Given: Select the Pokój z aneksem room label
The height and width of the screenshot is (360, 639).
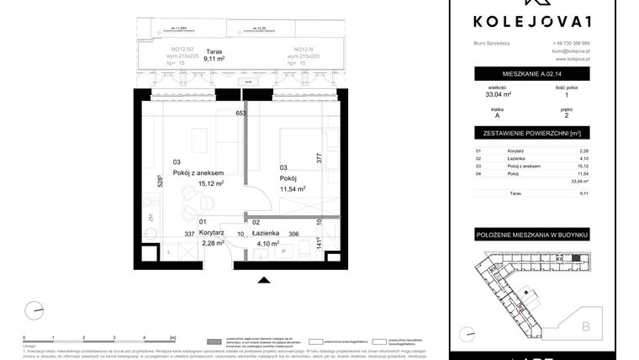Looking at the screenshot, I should tap(198, 172).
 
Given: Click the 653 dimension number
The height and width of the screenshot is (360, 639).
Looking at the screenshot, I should tap(240, 113).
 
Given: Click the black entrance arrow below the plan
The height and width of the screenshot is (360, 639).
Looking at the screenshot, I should tap(264, 280).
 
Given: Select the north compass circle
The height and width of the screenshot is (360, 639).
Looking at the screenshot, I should tap(34, 310).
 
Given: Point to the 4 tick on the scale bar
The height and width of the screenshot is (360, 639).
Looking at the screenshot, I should tap(145, 336).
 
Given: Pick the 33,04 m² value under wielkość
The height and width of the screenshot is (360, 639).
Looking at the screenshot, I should tap(494, 94).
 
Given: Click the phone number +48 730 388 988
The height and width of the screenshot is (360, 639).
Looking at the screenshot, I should tap(571, 43).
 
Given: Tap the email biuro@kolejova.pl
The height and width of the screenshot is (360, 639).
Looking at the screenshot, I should tap(571, 51).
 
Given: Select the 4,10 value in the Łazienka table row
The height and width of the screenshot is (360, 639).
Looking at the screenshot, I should tap(584, 158).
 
